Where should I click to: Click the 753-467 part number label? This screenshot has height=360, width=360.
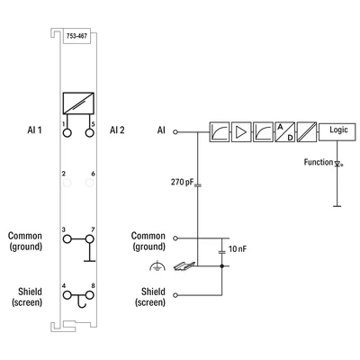pyautogui.click(x=77, y=36)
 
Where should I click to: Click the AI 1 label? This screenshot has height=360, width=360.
pyautogui.click(x=34, y=130)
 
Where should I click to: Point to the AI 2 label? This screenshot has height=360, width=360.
pyautogui.click(x=117, y=130)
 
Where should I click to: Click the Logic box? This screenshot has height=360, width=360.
pyautogui.click(x=337, y=131)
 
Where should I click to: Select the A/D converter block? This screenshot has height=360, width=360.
pyautogui.click(x=284, y=131)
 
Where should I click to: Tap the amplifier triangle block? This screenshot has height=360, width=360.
pyautogui.click(x=241, y=131)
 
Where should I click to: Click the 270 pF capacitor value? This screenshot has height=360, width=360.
pyautogui.click(x=182, y=182)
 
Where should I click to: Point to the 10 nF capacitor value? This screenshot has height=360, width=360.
pyautogui.click(x=238, y=248)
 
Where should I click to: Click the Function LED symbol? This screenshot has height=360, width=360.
pyautogui.click(x=337, y=164)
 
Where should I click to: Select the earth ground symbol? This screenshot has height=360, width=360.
pyautogui.click(x=157, y=266)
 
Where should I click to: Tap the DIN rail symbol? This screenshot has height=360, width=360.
pyautogui.click(x=184, y=265)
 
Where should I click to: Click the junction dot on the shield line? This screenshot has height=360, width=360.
pyautogui.click(x=222, y=266)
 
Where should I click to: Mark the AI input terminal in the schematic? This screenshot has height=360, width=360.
pyautogui.click(x=175, y=131)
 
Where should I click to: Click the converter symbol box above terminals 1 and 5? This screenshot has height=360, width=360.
pyautogui.click(x=78, y=103)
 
